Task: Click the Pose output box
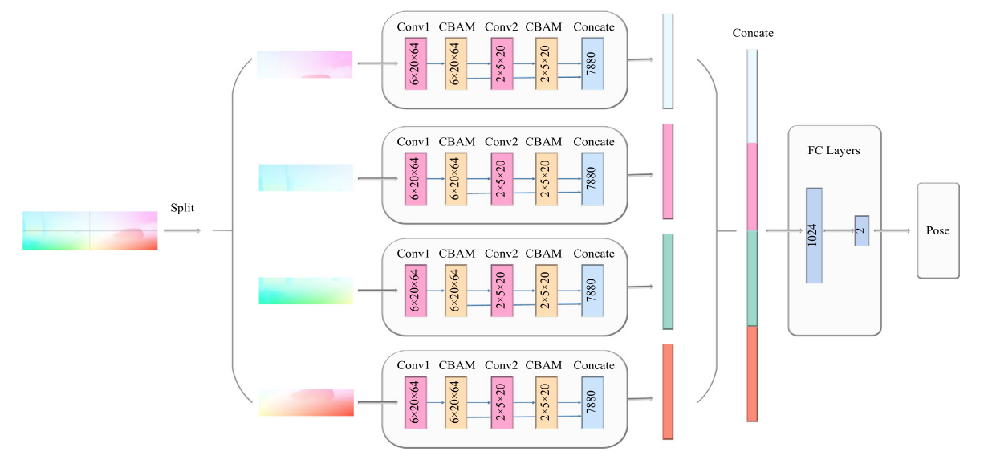point(937,230)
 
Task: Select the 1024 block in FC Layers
point(814,235)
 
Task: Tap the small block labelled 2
point(861,230)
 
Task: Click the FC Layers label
point(834,150)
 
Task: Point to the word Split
point(182,207)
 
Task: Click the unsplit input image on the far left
point(90,231)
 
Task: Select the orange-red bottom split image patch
point(306,401)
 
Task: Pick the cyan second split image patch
point(306,177)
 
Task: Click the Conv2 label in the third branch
point(502,254)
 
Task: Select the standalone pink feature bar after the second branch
point(668,171)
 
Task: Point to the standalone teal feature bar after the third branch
point(668,282)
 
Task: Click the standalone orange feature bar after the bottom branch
point(668,392)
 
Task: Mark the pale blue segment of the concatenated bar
point(752,96)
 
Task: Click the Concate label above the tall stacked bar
point(753,33)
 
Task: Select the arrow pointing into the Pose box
point(893,231)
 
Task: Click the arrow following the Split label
point(182,231)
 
